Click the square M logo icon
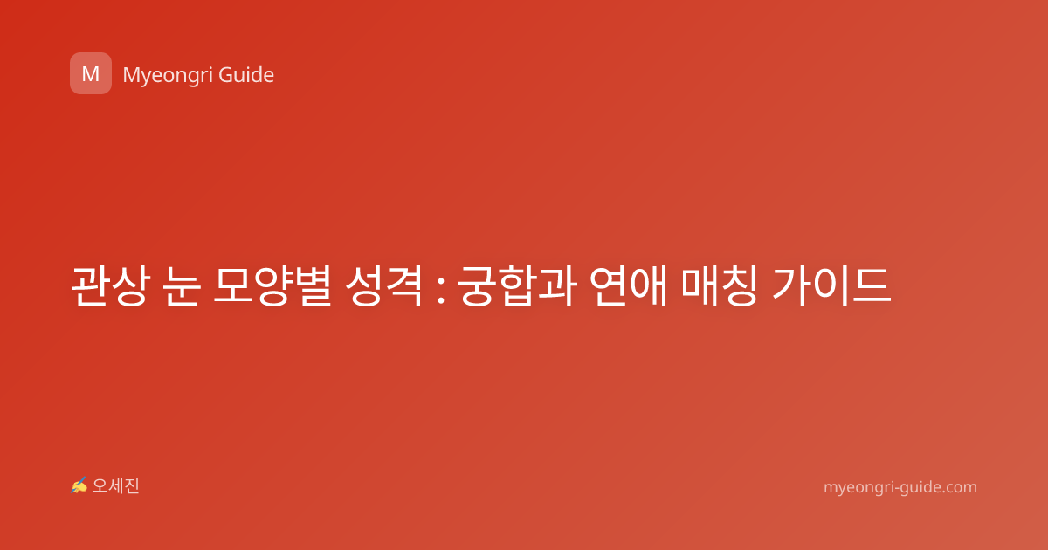[x=91, y=73]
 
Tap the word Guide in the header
[x=246, y=75]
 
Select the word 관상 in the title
[x=111, y=285]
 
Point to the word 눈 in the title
[x=182, y=285]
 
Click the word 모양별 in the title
[x=273, y=285]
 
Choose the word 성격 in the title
[x=384, y=285]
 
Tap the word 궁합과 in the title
[x=516, y=285]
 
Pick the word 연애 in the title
[x=628, y=285]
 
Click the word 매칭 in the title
[x=719, y=285]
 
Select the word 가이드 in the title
[x=831, y=285]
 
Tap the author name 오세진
[x=115, y=486]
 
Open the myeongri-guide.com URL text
[x=900, y=487]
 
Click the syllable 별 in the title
[x=314, y=285]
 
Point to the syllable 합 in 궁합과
[x=516, y=285]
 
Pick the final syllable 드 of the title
[x=872, y=285]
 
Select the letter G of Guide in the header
[x=225, y=75]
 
